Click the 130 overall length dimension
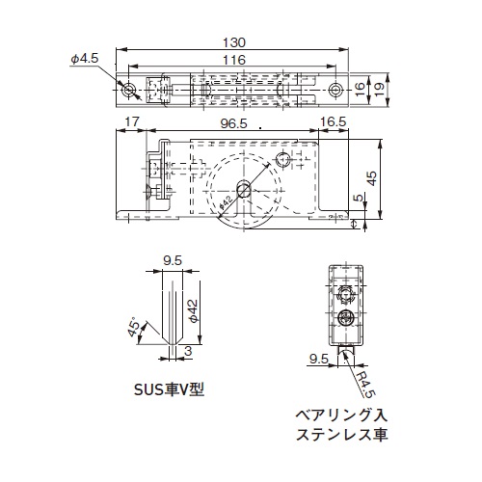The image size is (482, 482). tap(234, 43)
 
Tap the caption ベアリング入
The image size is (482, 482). tap(340, 415)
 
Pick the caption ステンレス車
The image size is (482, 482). tap(340, 436)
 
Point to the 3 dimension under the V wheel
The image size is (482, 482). tap(187, 353)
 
